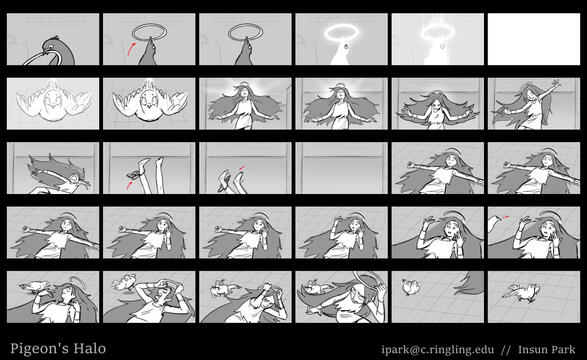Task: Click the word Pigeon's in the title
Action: (x=39, y=349)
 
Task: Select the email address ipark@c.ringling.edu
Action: (x=438, y=350)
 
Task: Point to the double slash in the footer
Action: (x=506, y=350)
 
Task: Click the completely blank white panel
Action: (x=534, y=39)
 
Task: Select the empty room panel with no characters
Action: (x=341, y=168)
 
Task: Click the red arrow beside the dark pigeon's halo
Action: (x=130, y=49)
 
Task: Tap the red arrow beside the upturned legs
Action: (x=129, y=185)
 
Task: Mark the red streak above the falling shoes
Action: (x=242, y=167)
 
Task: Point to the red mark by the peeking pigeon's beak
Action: (x=506, y=216)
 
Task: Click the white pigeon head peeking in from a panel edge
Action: (x=494, y=223)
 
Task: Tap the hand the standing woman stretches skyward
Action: (x=557, y=83)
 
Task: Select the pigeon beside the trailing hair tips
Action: (x=410, y=287)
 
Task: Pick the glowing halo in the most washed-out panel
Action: (x=437, y=34)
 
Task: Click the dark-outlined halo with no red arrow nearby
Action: (x=245, y=31)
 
